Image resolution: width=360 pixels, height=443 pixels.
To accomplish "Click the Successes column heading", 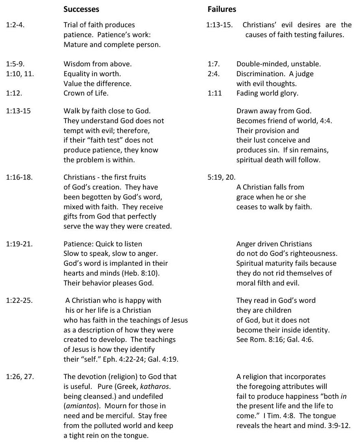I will click(x=81, y=9).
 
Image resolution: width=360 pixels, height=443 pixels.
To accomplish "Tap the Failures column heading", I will click(x=221, y=9).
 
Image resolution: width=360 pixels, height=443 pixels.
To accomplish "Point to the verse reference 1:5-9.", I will click(x=14, y=64).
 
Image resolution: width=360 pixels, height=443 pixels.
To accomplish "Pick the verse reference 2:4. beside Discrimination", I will click(x=213, y=73).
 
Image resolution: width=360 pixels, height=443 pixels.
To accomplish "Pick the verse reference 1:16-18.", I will click(x=19, y=177).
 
